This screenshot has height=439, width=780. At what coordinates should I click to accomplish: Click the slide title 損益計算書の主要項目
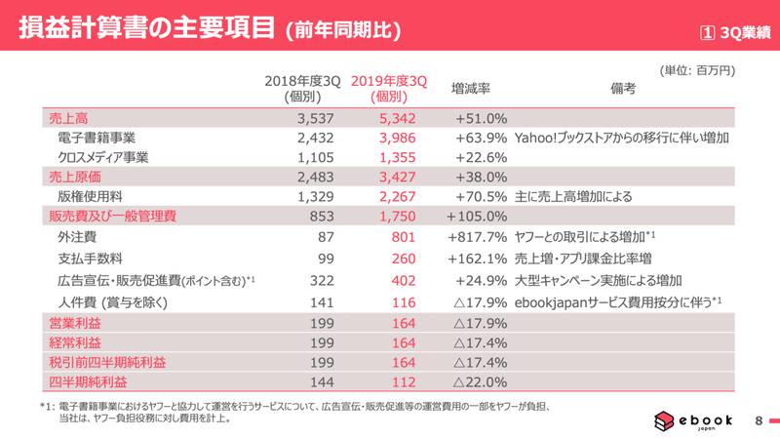click(138, 28)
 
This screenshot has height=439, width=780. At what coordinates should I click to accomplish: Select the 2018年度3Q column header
click(302, 88)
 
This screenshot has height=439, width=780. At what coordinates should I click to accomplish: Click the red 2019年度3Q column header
click(389, 88)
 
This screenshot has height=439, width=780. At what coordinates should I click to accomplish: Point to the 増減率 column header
click(470, 88)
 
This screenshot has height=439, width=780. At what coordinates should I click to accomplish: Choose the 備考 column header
click(624, 88)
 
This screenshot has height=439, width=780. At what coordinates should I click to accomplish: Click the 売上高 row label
click(67, 118)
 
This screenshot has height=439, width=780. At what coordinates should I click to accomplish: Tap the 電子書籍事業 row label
click(97, 138)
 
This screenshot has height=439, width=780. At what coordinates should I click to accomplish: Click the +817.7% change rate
click(477, 235)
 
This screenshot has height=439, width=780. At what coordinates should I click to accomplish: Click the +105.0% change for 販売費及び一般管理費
click(477, 216)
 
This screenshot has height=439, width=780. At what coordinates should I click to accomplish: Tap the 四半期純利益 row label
click(88, 381)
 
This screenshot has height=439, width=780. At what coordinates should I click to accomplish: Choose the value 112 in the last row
click(415, 381)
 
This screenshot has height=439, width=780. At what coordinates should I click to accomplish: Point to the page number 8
click(759, 420)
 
